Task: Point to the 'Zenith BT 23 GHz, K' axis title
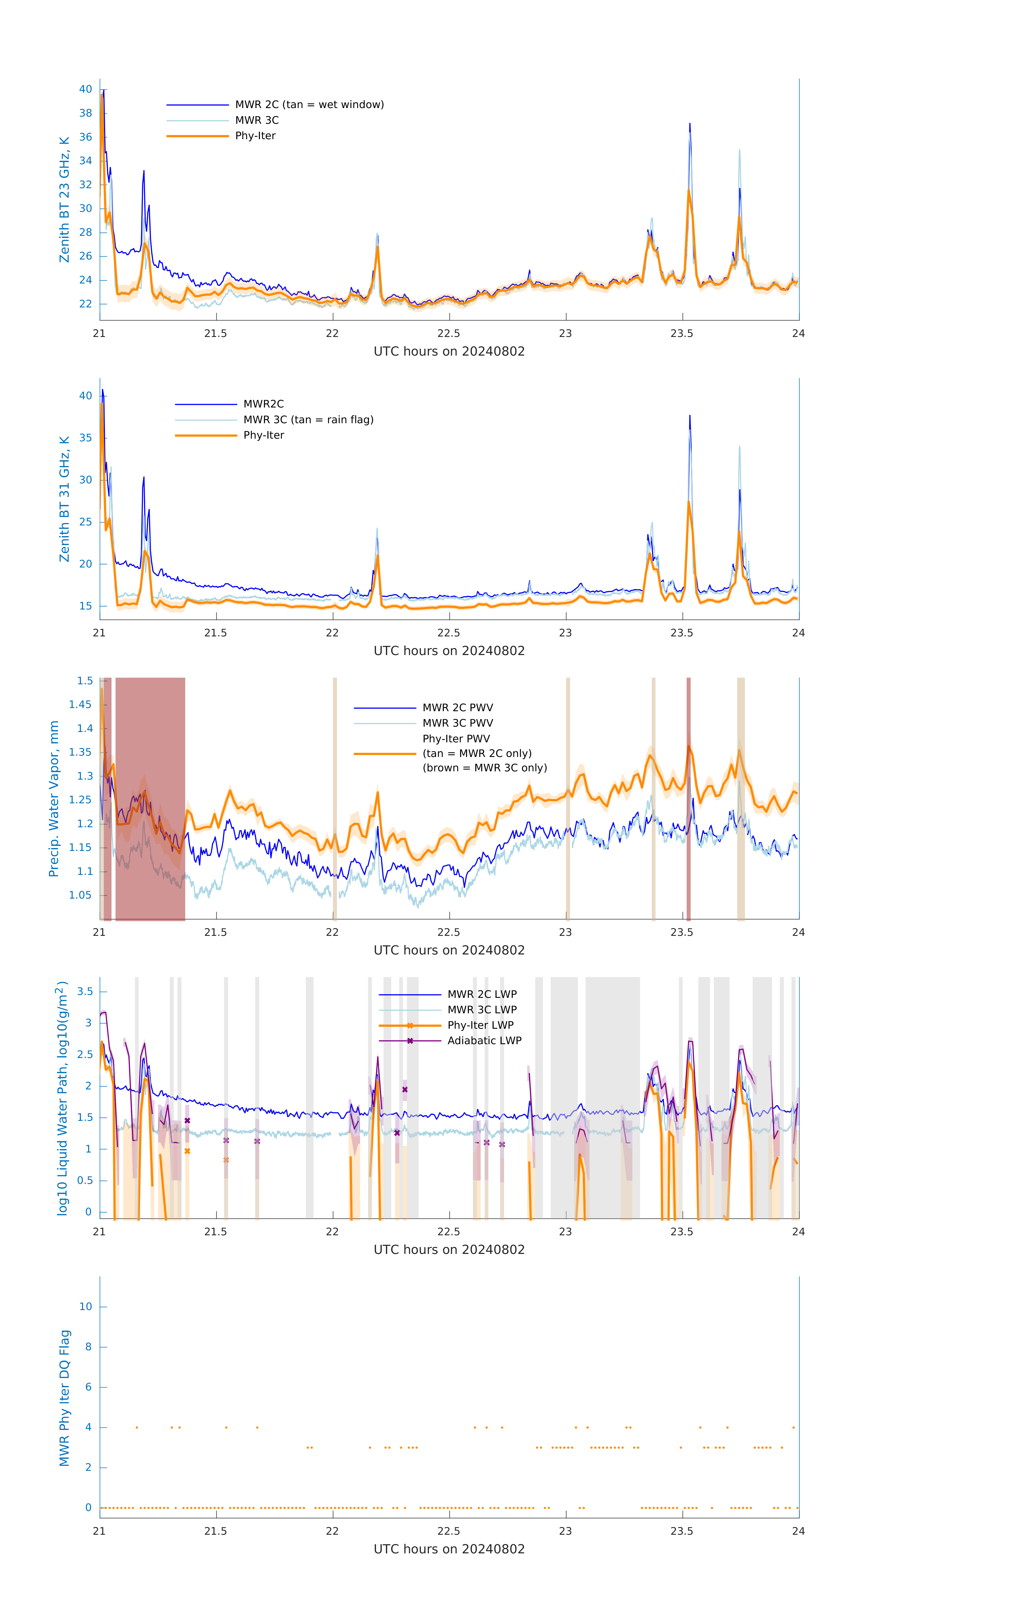[x=64, y=200]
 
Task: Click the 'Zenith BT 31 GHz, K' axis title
[x=64, y=499]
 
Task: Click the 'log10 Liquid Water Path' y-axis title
[x=62, y=1098]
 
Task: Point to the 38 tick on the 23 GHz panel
[x=85, y=113]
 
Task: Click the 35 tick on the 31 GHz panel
[x=85, y=438]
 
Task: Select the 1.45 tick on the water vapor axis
[x=80, y=704]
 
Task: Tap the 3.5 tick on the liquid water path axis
[x=85, y=991]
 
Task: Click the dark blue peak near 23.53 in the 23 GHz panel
[x=690, y=125]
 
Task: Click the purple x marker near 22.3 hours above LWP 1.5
[x=405, y=1090]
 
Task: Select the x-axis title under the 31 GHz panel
[x=449, y=651]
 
